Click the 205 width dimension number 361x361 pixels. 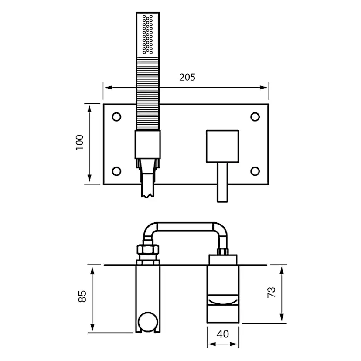(x=187, y=77)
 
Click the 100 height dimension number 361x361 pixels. (x=80, y=143)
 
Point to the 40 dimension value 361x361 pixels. (x=222, y=334)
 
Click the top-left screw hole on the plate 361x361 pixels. (x=116, y=117)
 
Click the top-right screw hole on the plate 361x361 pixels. (x=255, y=117)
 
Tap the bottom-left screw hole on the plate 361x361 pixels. (x=116, y=170)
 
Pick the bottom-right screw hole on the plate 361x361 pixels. (x=255, y=170)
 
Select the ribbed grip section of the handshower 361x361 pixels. (x=147, y=92)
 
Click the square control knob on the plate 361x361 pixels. (x=222, y=145)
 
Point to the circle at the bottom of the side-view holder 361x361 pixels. (x=147, y=322)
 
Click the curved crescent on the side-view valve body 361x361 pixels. (x=222, y=300)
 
